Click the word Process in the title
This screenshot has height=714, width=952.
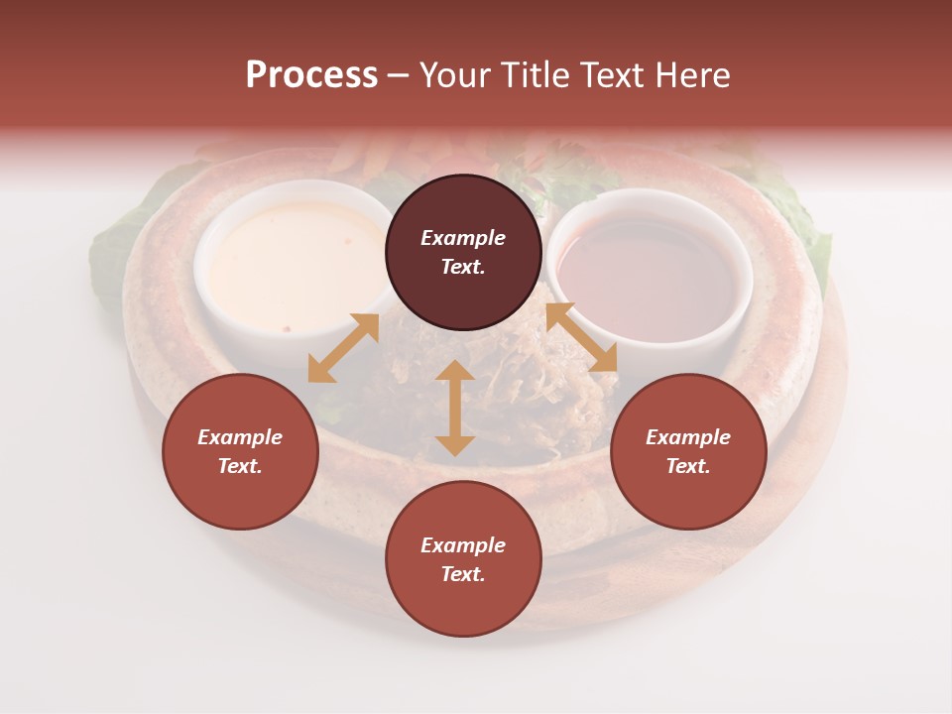[x=311, y=75]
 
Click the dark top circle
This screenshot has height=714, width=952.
[x=463, y=253]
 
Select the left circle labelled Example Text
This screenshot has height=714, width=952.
[x=240, y=451]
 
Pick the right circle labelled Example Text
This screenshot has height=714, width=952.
[x=687, y=451]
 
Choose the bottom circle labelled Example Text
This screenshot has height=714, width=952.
[x=463, y=559]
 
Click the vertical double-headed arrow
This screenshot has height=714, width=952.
[x=455, y=408]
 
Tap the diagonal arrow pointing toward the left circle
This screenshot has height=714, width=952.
[x=343, y=348]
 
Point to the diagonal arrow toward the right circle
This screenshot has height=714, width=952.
[x=581, y=337]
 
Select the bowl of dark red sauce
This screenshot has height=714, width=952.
[x=649, y=273]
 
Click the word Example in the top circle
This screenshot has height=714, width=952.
[x=463, y=238]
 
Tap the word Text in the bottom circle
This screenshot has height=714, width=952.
[x=463, y=574]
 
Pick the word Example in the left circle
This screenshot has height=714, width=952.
[x=240, y=437]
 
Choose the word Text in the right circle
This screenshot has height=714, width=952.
[x=687, y=466]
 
